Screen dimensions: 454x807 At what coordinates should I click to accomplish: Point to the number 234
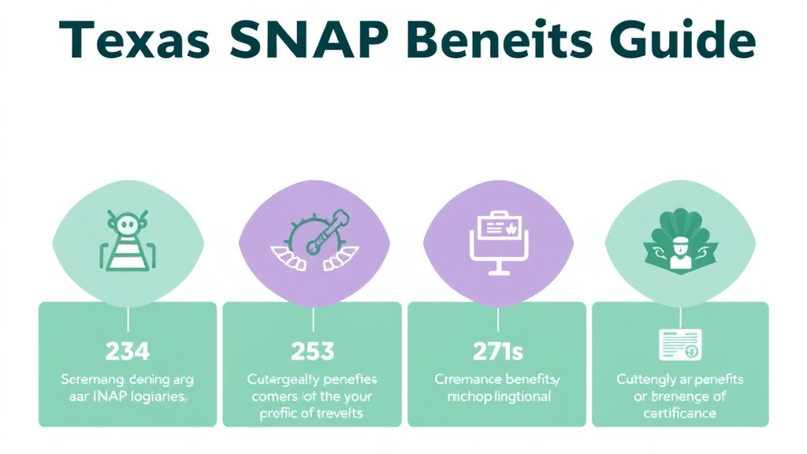pyautogui.click(x=128, y=350)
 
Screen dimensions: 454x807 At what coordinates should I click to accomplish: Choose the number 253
pyautogui.click(x=312, y=350)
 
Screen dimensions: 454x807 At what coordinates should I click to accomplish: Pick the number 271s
pyautogui.click(x=497, y=350)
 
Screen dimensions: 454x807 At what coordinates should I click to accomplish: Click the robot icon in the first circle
pyautogui.click(x=127, y=240)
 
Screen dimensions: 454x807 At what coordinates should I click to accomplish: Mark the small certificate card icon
pyautogui.click(x=679, y=345)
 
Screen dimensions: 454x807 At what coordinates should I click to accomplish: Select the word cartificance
pyautogui.click(x=679, y=413)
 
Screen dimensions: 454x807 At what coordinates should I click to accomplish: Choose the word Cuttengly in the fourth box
pyautogui.click(x=647, y=379)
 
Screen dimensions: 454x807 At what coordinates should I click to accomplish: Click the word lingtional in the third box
pyautogui.click(x=522, y=396)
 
